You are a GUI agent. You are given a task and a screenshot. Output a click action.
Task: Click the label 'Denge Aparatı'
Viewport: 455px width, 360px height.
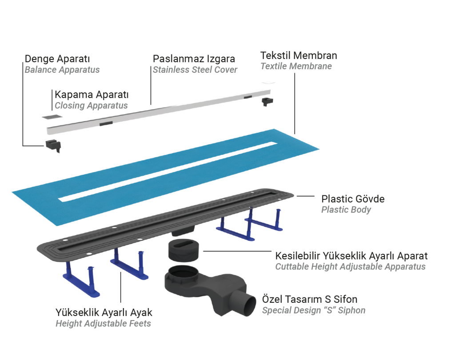pos(57,59)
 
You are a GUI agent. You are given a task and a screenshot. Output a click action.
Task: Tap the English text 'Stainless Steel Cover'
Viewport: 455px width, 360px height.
pos(195,70)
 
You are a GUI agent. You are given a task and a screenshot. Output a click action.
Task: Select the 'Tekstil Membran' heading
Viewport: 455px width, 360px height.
pos(299,55)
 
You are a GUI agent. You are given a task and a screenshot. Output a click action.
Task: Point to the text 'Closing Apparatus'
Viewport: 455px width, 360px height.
pos(91,106)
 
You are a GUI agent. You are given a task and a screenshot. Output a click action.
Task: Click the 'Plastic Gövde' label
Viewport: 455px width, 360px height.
pos(353,199)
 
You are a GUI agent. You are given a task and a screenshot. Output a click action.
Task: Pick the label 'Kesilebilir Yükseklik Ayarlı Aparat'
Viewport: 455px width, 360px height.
pos(351,256)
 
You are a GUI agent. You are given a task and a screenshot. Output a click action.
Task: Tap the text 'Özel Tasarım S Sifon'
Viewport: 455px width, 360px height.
pos(310,299)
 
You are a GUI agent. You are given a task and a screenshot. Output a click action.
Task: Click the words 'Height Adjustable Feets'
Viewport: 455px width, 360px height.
pos(103,324)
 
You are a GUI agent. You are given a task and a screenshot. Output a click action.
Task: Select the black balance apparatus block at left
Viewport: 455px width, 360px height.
pos(53,145)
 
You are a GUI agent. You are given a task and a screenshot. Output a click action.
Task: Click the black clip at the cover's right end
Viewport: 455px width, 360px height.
pos(267,102)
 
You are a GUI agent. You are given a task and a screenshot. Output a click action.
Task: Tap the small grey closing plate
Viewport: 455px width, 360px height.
pos(52,117)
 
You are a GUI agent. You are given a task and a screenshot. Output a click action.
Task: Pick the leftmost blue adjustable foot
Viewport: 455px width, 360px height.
pos(82,280)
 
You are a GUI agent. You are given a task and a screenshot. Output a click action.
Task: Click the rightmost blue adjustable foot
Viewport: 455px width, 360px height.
pos(264,221)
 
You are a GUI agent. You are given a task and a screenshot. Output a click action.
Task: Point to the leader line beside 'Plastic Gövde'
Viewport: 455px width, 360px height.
pos(305,196)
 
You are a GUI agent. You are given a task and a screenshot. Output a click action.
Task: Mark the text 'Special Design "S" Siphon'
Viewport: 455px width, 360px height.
pos(314,310)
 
